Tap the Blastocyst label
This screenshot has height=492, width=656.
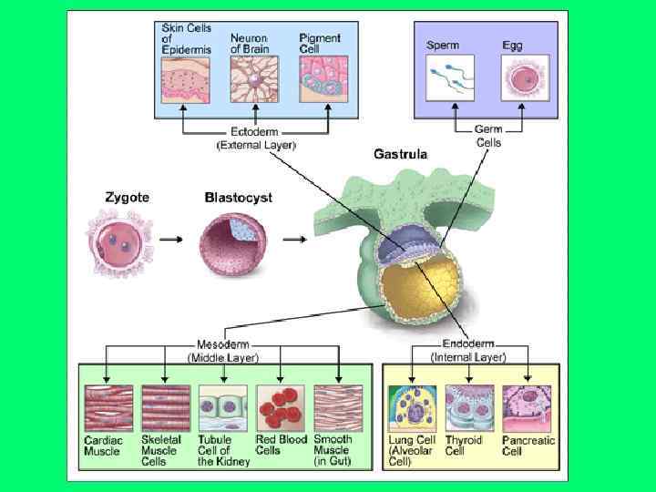click(238, 196)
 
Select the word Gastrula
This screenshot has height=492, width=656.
click(400, 154)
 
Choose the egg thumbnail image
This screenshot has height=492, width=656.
click(525, 77)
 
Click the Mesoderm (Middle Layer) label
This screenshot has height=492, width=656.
click(222, 351)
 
